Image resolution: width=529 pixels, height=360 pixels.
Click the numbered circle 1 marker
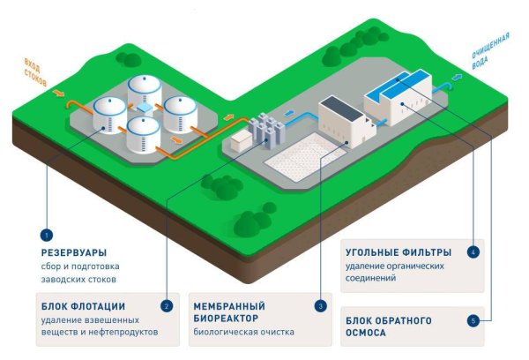[46, 236]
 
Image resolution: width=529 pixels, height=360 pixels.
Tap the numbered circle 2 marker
[166, 305]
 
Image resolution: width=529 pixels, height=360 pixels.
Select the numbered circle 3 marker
[320, 305]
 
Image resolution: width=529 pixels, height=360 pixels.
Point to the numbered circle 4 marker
[473, 252]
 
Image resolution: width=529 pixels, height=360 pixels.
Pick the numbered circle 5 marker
[473, 321]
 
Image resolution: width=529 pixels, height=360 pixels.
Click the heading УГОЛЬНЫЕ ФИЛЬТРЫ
[395, 251]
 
